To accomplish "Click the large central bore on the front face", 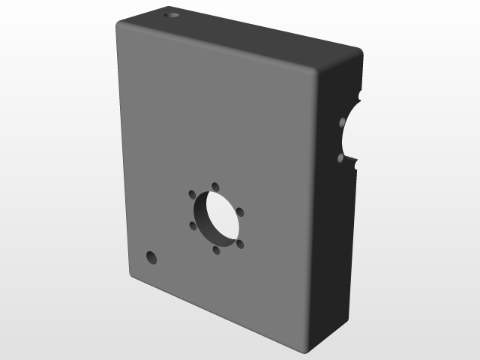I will (x=216, y=217).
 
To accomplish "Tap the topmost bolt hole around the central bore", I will (x=215, y=186).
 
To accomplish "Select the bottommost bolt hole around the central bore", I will (x=217, y=250).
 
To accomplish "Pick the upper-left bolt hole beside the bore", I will (x=192, y=194).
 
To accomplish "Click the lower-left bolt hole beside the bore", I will (x=193, y=225).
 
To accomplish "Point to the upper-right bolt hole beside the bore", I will (x=240, y=212).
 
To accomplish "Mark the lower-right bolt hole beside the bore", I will (x=240, y=244).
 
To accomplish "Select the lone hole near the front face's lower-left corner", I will (x=151, y=258).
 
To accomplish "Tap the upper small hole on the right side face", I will (x=342, y=121).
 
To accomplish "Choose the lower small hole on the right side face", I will (x=341, y=158).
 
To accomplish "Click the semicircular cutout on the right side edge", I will (x=354, y=131).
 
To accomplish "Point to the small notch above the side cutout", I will (x=361, y=96).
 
